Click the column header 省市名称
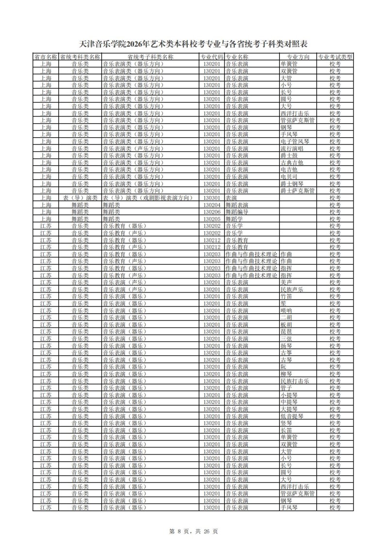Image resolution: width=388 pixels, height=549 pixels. point(46,57)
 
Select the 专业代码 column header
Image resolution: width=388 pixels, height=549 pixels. point(212,57)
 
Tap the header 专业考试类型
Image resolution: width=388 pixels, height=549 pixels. point(335,57)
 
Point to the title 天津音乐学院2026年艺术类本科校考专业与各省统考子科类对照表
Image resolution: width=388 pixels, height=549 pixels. point(194,45)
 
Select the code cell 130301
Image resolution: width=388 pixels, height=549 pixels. point(212,198)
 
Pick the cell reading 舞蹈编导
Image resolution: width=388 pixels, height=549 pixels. point(237,212)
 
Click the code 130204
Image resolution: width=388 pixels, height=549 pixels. point(212,205)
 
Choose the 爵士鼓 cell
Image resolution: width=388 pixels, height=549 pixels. point(288,156)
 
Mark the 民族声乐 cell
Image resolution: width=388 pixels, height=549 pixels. point(291,290)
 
